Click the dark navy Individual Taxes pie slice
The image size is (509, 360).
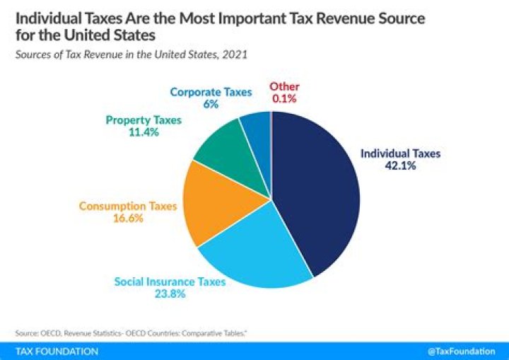point(315,191)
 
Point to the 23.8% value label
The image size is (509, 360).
point(170,294)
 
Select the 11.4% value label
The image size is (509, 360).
point(144,132)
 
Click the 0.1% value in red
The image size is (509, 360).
point(284,99)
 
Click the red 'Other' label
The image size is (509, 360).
point(284,86)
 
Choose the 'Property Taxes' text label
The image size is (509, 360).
point(144,120)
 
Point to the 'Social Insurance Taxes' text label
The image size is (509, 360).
point(170,281)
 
